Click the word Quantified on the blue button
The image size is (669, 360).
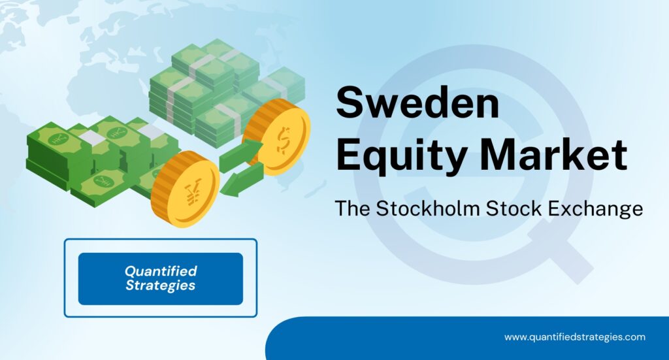pos(161,271)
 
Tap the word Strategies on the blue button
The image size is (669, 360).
pos(161,286)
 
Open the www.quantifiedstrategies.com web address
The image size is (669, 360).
pos(574,337)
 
